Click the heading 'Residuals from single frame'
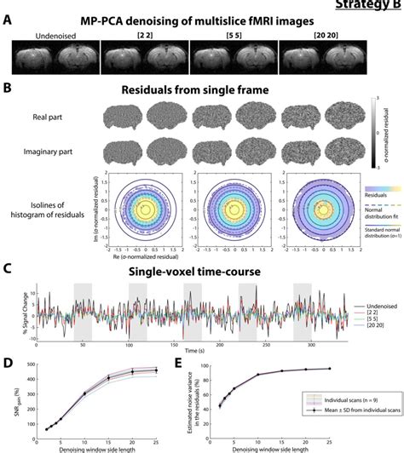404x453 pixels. pos(203,89)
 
